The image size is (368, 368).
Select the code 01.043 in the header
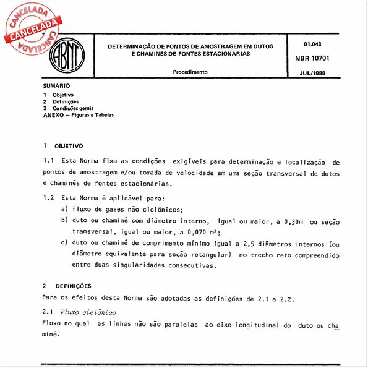312,45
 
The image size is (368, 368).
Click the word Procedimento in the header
190,72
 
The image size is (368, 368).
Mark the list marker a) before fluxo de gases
64,210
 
